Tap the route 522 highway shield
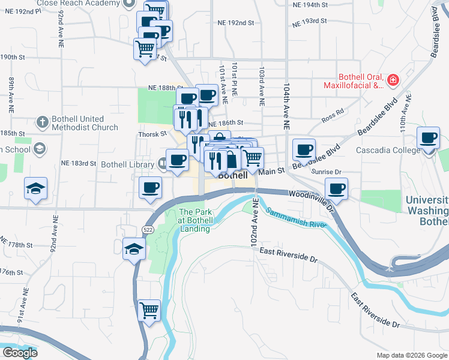(x=148, y=229)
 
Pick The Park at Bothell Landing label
(x=194, y=220)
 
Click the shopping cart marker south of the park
(x=149, y=310)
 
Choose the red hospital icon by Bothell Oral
(x=393, y=79)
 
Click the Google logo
(x=20, y=352)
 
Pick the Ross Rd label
(x=332, y=112)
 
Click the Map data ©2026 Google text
(x=412, y=355)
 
